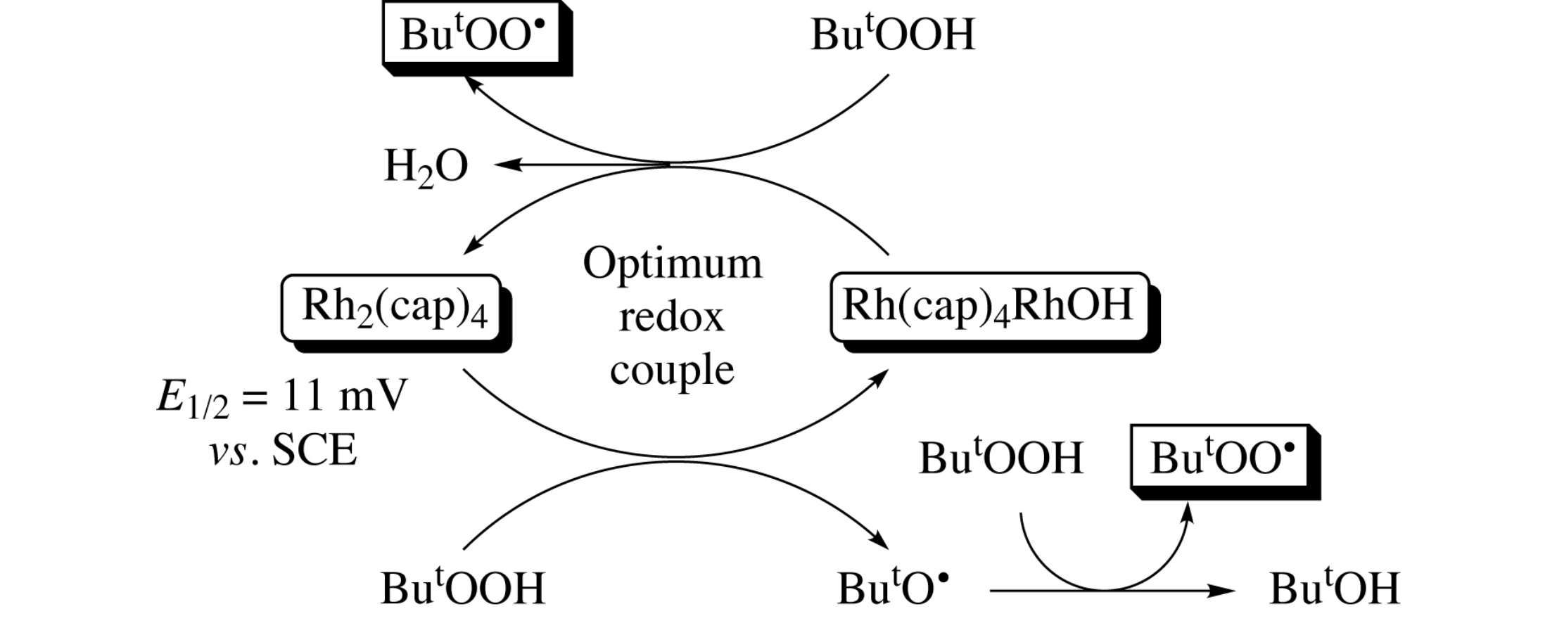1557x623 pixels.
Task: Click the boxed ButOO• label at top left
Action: (471, 34)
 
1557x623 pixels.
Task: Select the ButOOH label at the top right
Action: (892, 34)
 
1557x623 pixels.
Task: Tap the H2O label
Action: (426, 167)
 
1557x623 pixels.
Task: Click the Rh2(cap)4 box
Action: (393, 308)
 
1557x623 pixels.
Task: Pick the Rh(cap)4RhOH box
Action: (988, 307)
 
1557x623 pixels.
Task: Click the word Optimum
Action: (672, 264)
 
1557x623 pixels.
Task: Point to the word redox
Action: (671, 317)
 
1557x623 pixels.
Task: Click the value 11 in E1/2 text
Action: (303, 396)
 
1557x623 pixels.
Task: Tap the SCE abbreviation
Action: (314, 450)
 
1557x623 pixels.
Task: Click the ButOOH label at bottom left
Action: (462, 589)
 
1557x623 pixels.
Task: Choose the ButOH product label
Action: (1334, 589)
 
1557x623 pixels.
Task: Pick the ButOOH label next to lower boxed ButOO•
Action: (1000, 458)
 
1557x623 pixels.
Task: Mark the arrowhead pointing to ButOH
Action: (1224, 591)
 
